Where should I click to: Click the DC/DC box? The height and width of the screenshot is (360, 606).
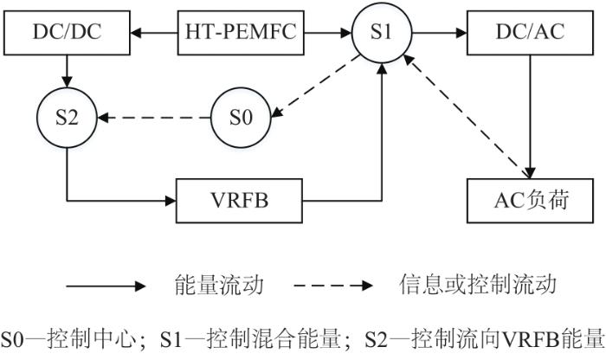67,33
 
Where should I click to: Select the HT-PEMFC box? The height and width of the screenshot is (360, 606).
241,33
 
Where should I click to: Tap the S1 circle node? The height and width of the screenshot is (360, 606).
382,33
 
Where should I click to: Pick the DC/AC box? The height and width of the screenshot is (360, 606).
530,33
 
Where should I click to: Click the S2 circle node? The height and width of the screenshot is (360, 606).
67,118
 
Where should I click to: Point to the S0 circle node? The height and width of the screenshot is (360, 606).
241,118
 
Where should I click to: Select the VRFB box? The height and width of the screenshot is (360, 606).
239,201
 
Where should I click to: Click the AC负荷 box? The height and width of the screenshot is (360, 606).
530,201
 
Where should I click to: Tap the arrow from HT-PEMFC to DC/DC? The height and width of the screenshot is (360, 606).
154,33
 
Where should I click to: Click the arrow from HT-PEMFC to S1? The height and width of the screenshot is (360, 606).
328,33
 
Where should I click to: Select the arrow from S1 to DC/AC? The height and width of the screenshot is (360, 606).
440,33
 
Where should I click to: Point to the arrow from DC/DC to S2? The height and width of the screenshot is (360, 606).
67,72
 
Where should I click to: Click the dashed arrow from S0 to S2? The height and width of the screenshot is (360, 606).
154,118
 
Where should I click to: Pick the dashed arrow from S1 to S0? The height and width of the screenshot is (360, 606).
315,87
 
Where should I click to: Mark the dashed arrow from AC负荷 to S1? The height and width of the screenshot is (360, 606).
467,116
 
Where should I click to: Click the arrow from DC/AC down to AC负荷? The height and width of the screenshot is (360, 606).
530,117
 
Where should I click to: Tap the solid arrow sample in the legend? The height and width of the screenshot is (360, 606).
106,286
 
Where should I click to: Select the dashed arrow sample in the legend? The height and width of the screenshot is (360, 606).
333,286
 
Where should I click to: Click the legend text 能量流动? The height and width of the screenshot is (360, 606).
219,285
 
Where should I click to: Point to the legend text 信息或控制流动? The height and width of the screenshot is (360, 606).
478,285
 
